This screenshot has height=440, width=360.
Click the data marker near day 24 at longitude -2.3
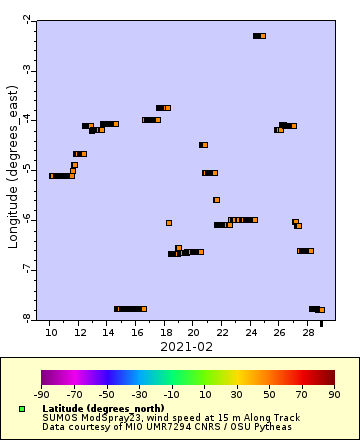(259, 36)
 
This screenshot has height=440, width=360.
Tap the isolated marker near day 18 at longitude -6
(169, 223)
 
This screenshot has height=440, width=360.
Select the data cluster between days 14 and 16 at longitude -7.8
(130, 309)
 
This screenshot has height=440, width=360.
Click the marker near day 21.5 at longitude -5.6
(216, 200)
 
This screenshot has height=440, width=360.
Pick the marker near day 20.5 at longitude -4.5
(203, 145)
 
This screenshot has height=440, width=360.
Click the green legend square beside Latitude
(21, 409)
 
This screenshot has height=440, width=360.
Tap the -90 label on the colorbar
(42, 394)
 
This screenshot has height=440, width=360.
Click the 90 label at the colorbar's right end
(333, 394)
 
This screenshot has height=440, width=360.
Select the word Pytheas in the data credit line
(274, 427)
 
